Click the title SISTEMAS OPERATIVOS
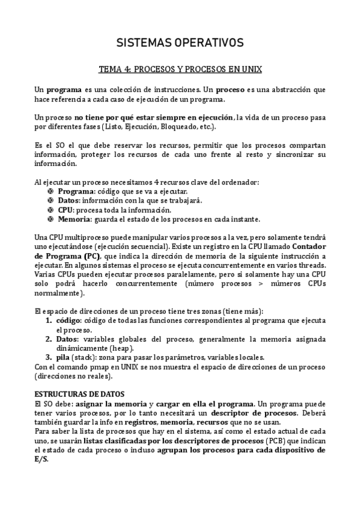point(179,43)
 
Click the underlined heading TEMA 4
point(180,69)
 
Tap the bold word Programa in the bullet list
point(74,191)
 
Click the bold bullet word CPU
point(65,210)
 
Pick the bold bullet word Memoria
point(73,220)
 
